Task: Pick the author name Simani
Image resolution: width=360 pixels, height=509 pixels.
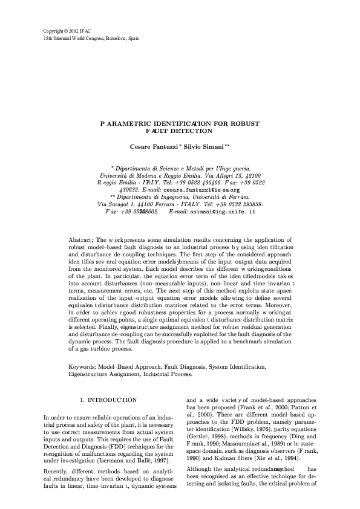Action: click(x=214, y=146)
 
